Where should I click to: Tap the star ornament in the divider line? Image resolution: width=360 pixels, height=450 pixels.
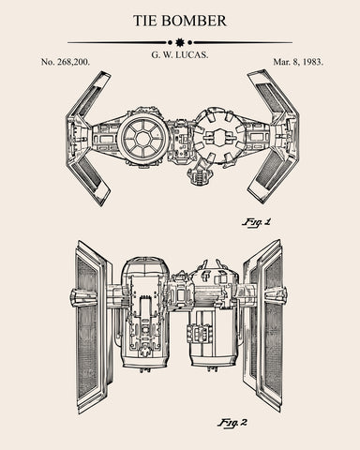179,42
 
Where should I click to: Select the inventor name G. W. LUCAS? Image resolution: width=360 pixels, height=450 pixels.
179,57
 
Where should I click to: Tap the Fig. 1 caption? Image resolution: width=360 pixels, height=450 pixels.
255,222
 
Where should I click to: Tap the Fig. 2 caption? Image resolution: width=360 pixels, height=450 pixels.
232,422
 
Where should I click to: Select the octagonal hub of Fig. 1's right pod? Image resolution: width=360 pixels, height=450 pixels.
220,138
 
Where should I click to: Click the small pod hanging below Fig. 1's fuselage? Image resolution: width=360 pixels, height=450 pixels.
199,172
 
